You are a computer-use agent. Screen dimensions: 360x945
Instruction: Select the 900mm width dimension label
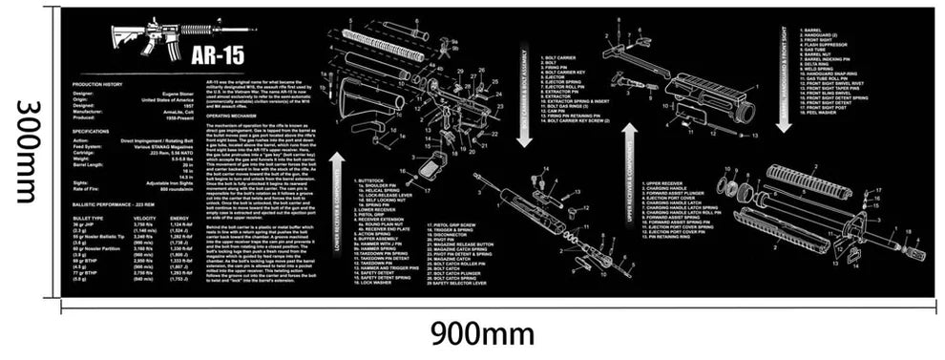pyautogui.click(x=481, y=335)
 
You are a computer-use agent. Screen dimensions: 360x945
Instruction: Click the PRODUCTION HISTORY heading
pyautogui.click(x=96, y=85)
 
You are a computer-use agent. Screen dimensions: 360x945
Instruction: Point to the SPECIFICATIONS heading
pyautogui.click(x=93, y=131)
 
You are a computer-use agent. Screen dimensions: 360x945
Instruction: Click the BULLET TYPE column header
pyautogui.click(x=88, y=218)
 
